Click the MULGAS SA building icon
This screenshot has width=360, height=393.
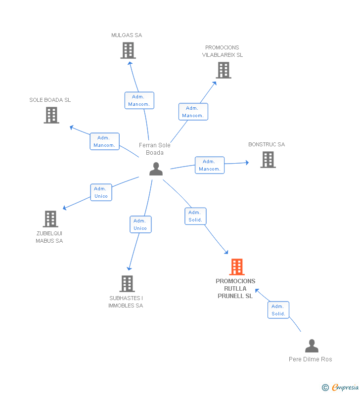click(128, 50)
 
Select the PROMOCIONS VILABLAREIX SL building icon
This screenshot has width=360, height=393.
click(224, 70)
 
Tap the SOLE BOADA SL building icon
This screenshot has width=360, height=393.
click(51, 115)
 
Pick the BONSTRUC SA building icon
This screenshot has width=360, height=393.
click(268, 160)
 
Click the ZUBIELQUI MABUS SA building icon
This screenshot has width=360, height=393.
click(50, 219)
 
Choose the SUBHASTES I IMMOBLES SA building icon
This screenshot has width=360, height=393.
click(127, 284)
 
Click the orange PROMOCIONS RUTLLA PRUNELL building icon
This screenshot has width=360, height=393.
click(237, 267)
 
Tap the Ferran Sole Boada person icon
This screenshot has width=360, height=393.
click(156, 169)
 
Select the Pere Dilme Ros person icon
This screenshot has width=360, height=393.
click(312, 346)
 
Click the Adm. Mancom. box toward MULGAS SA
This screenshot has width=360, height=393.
click(139, 100)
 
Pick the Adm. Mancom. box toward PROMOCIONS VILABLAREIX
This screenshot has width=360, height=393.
click(193, 112)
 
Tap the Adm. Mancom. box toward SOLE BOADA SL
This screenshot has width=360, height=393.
click(104, 141)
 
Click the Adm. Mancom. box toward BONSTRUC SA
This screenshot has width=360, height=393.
click(210, 165)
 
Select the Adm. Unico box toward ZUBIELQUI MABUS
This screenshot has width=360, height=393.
click(101, 192)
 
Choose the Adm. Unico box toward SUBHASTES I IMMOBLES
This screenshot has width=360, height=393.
click(140, 224)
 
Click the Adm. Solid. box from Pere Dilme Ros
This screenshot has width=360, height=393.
click(278, 310)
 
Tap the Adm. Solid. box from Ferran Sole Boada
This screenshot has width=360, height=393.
click(195, 216)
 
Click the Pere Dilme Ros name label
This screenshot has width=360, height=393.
click(311, 359)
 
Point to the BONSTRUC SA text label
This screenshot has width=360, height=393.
click(267, 144)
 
